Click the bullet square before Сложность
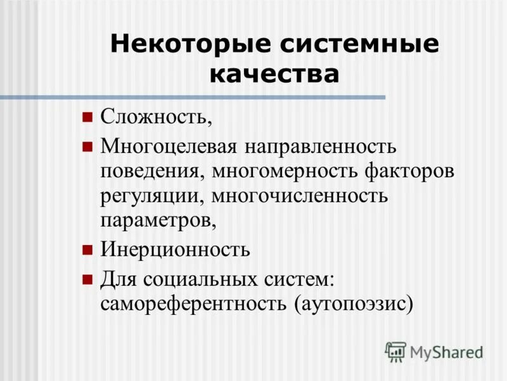tap(87, 117)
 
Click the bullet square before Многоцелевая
tap(87, 147)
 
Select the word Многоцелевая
tap(169, 147)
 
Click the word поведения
tap(152, 171)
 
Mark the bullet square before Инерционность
tap(87, 249)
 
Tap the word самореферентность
tap(193, 304)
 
